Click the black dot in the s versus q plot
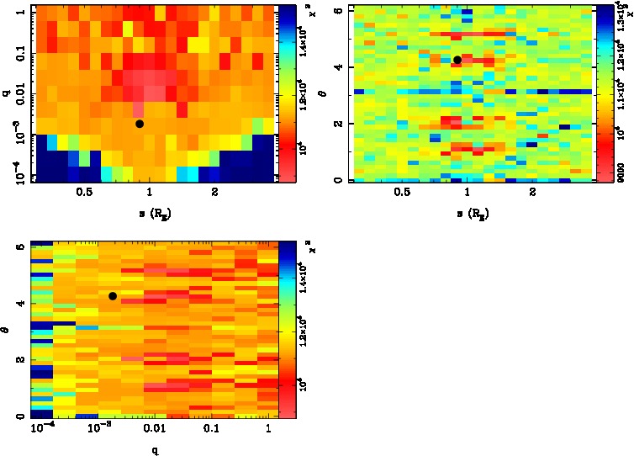coord(140,124)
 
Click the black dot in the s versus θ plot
coord(457,60)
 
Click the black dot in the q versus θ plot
coord(113,296)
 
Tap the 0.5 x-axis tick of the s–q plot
coord(84,192)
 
